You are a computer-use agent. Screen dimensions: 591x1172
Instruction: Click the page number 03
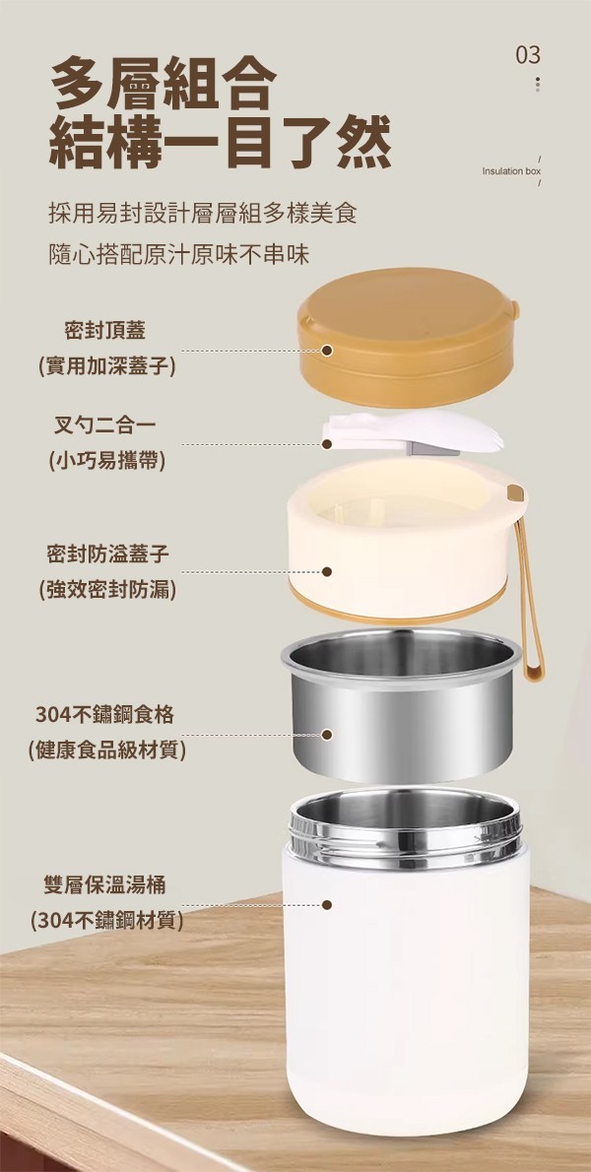tap(528, 54)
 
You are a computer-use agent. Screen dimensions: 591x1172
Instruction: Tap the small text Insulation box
tap(511, 171)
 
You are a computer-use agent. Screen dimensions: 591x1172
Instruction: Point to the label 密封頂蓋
tap(105, 330)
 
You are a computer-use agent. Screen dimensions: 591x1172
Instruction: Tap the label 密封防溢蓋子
tap(107, 553)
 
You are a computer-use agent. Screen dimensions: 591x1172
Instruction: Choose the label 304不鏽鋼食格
tap(105, 715)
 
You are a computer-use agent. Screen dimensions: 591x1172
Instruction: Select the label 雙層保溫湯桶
tap(104, 885)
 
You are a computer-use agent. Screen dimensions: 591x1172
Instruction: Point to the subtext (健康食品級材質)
tap(106, 749)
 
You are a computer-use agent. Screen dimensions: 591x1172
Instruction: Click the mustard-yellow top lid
tap(408, 338)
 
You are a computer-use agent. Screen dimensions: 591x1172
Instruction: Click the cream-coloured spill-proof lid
tap(404, 542)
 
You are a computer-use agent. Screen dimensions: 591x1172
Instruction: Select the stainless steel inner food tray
tap(401, 702)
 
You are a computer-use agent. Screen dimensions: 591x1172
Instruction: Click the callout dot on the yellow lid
tap(326, 351)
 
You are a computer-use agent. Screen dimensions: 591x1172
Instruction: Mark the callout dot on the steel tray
tap(326, 735)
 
